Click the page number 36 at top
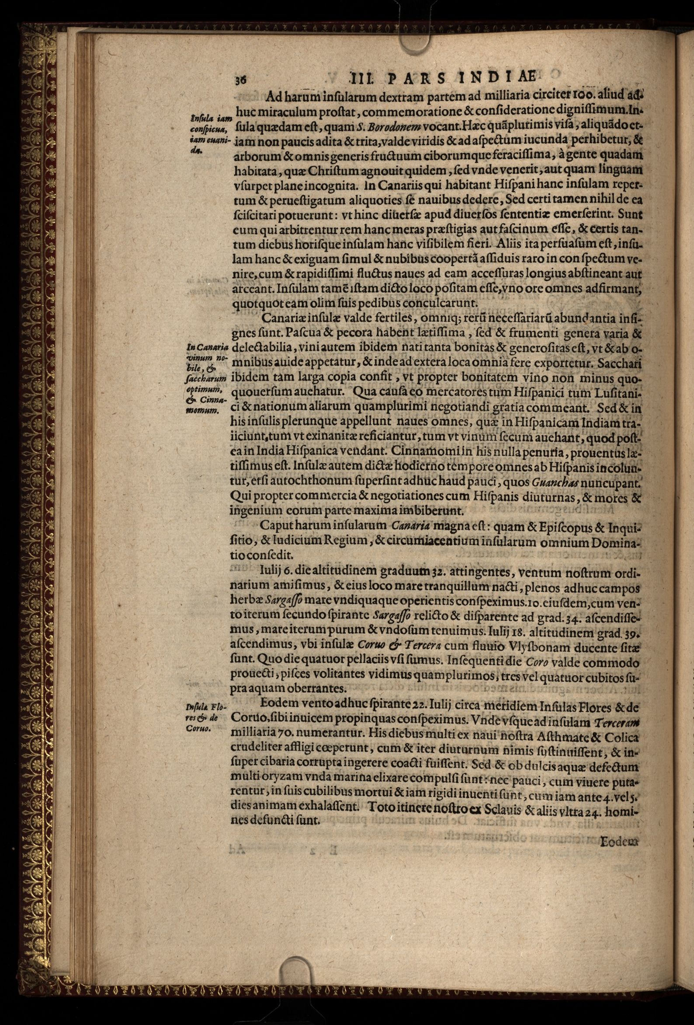pos(240,80)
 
